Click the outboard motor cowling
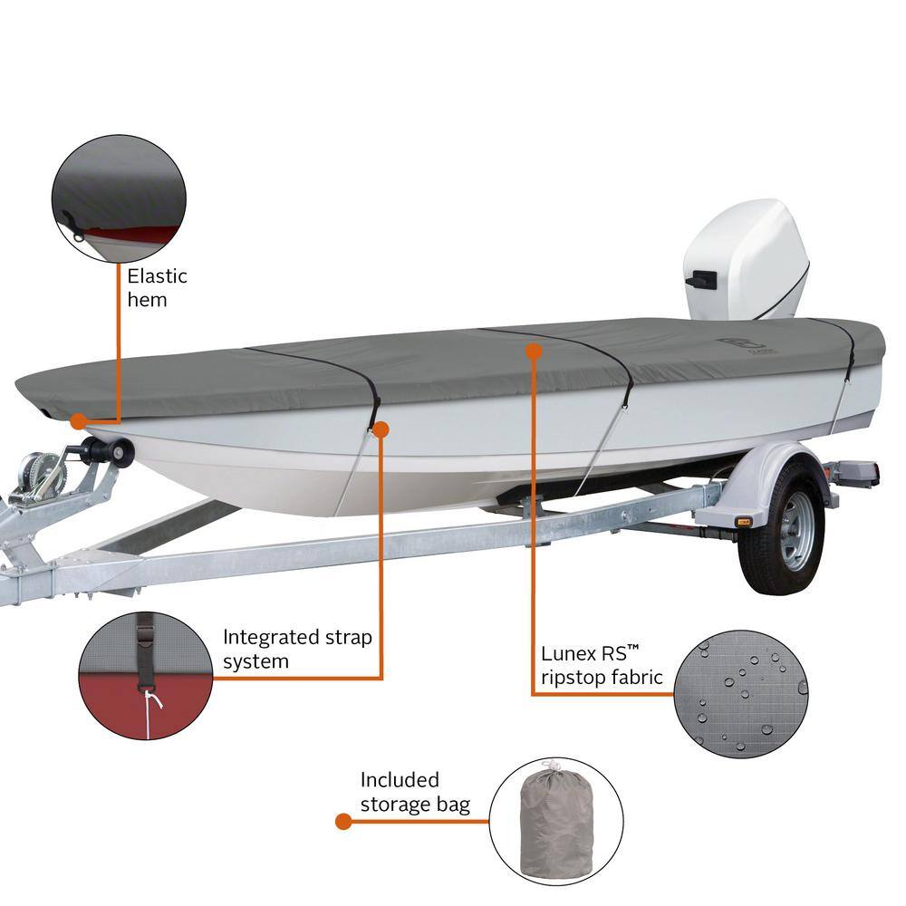(x=746, y=260)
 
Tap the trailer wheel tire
(x=782, y=525)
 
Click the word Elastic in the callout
(x=157, y=276)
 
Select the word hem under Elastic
(x=147, y=300)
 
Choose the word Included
(x=400, y=780)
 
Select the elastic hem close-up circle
(x=119, y=198)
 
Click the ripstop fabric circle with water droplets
(x=741, y=694)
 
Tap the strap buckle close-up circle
(x=146, y=676)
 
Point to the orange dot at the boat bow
(x=78, y=421)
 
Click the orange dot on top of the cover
(x=534, y=351)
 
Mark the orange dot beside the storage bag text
(x=343, y=821)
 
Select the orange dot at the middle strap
(x=381, y=429)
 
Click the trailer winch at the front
(x=41, y=479)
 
